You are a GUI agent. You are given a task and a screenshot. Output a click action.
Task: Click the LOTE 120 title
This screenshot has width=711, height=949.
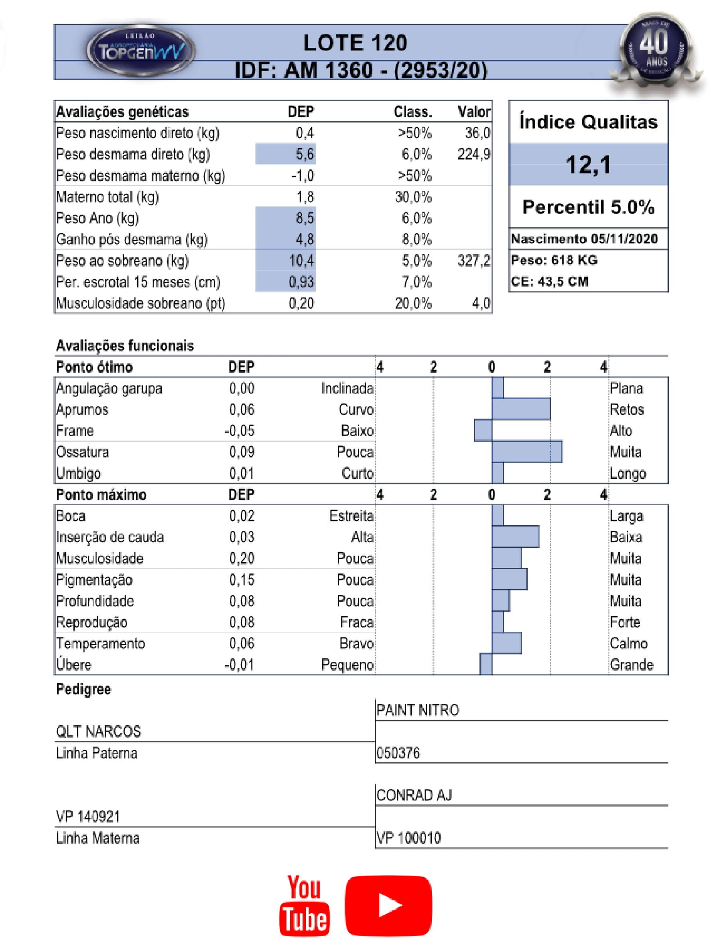click(x=355, y=43)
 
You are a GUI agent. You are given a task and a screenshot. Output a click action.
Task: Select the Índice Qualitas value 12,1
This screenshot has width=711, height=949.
click(x=588, y=164)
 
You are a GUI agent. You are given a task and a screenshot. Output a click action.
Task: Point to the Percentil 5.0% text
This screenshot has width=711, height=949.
click(x=588, y=207)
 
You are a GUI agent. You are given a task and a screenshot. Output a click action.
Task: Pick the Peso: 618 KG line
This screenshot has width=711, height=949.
click(x=554, y=260)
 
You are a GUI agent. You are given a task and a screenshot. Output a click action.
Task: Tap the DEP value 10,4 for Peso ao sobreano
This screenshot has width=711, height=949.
click(x=302, y=260)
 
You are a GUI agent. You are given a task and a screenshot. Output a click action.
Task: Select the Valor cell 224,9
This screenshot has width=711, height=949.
click(x=473, y=154)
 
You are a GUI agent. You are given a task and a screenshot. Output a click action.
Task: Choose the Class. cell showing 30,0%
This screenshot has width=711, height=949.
click(x=413, y=197)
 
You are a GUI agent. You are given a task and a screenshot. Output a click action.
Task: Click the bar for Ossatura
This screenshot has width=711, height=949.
click(x=527, y=452)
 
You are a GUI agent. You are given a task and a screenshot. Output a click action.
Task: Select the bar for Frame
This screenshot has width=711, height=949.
click(x=483, y=430)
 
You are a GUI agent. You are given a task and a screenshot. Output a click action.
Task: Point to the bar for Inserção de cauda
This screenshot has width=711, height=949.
click(x=515, y=537)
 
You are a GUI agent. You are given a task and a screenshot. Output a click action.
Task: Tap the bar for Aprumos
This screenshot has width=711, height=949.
click(x=521, y=409)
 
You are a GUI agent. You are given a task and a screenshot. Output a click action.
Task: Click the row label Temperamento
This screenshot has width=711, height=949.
click(x=101, y=643)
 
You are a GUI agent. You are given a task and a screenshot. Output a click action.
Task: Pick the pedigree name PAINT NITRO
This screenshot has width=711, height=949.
click(x=417, y=710)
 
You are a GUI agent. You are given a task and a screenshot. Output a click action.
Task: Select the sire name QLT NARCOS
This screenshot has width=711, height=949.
click(x=99, y=731)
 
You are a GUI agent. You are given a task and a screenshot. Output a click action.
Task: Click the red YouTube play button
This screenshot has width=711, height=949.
click(x=388, y=905)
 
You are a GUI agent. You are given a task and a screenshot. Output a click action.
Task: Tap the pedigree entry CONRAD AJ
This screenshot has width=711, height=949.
click(x=414, y=795)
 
